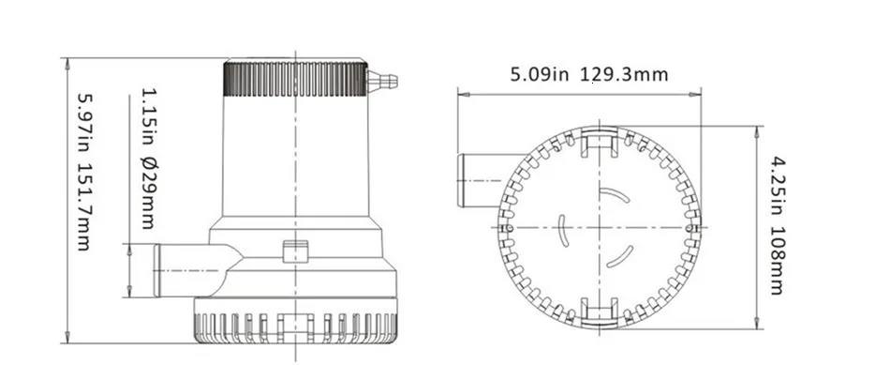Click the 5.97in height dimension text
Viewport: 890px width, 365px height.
tap(83, 123)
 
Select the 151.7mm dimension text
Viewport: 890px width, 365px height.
tap(83, 207)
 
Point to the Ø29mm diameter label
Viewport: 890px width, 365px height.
tap(148, 192)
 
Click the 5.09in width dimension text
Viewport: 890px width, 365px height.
tap(540, 74)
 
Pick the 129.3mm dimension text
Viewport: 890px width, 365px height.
tap(624, 74)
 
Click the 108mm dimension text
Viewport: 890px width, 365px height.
tap(777, 261)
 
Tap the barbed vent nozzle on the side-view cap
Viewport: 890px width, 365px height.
tap(382, 82)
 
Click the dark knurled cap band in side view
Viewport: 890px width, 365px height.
tap(295, 79)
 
